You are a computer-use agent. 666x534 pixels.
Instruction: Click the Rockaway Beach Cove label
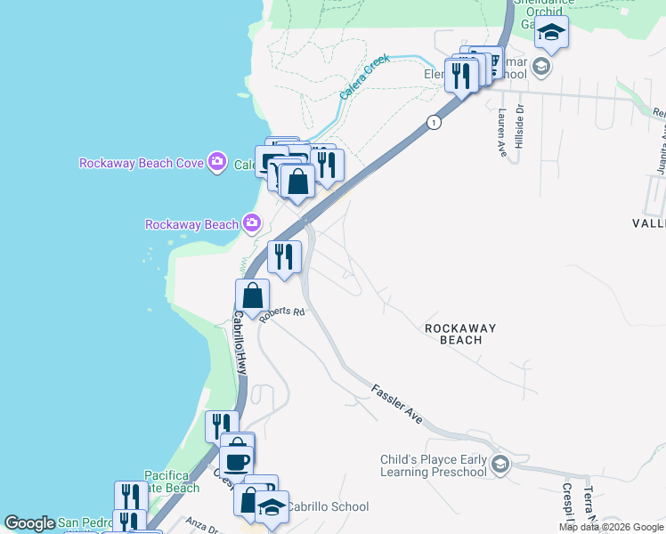tap(142, 163)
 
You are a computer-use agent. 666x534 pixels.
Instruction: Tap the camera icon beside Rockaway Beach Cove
tap(216, 162)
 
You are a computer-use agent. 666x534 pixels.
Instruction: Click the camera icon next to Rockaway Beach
tap(252, 222)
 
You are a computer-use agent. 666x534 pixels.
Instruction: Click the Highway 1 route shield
tap(434, 123)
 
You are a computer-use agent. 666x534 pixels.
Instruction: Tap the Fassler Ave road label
tap(396, 402)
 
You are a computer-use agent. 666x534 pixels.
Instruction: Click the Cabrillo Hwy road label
tap(239, 347)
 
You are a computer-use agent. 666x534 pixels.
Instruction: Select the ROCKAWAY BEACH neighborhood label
tap(460, 335)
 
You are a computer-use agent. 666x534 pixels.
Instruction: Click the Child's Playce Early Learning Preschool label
tap(435, 465)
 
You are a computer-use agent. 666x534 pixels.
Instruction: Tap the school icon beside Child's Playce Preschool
tap(500, 465)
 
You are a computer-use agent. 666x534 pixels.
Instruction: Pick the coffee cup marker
tap(237, 460)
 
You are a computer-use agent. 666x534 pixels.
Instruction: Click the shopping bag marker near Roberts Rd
tap(253, 295)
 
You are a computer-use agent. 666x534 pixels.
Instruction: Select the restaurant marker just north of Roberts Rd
tap(285, 257)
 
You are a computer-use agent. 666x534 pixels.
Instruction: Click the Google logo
tap(29, 523)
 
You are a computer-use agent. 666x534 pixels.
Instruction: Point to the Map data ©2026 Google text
tap(610, 527)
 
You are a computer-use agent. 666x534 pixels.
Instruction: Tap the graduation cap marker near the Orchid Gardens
tap(551, 34)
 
